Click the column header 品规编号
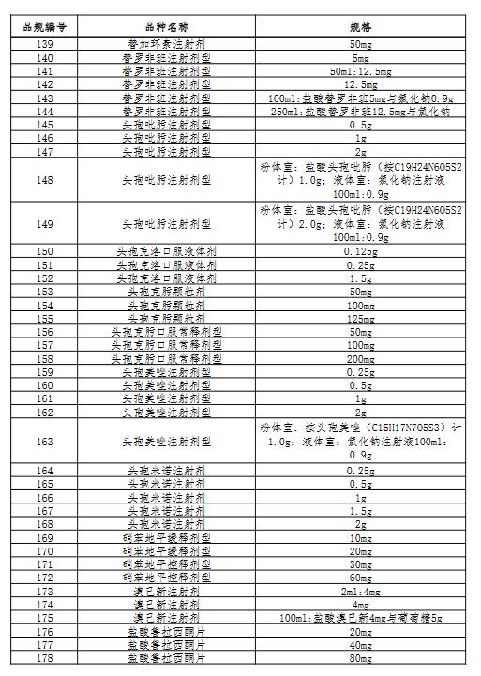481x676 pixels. [44, 28]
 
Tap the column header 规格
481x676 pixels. [360, 28]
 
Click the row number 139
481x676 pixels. [44, 44]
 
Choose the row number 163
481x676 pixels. [44, 441]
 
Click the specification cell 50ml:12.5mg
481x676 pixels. [360, 71]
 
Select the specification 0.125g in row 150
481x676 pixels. [360, 251]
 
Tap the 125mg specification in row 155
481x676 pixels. [360, 318]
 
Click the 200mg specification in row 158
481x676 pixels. [360, 358]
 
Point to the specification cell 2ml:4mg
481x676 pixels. [360, 592]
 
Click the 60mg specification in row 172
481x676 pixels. [360, 578]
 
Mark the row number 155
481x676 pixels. [44, 318]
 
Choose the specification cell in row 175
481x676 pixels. [360, 619]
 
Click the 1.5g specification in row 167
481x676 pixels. [360, 511]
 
